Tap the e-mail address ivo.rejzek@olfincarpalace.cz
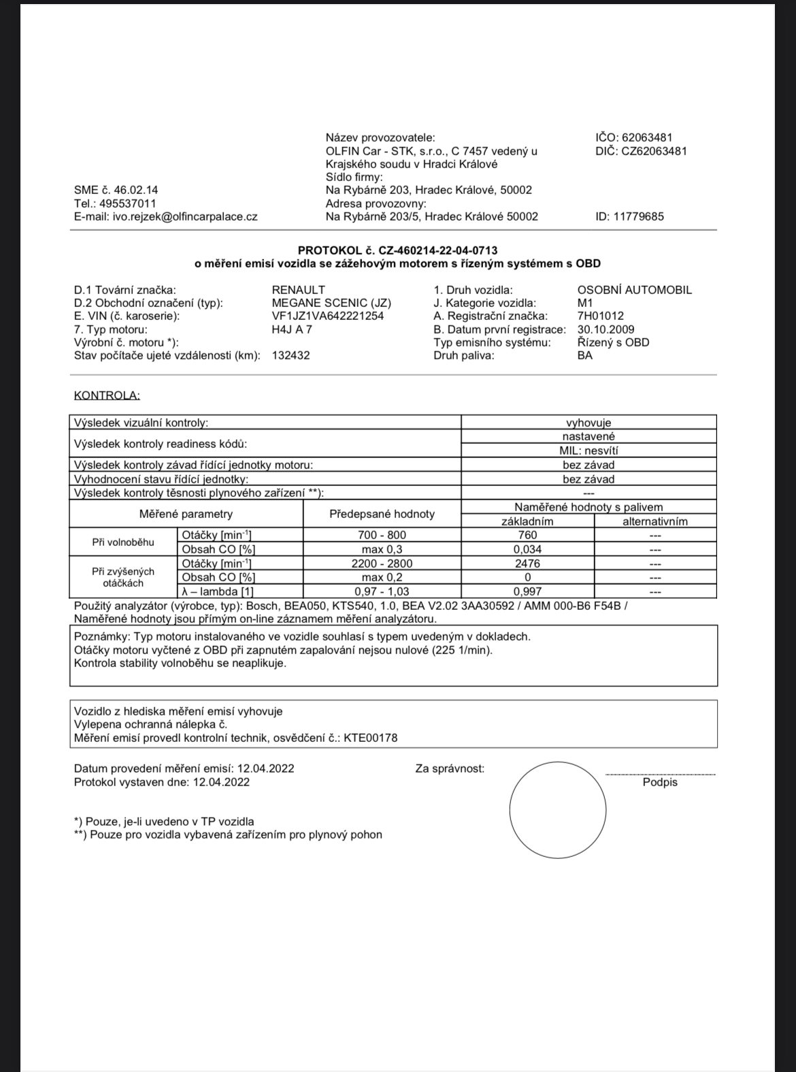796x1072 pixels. (x=185, y=216)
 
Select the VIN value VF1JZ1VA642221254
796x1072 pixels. (x=327, y=316)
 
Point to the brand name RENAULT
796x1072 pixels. (x=298, y=289)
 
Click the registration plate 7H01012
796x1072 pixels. (x=600, y=316)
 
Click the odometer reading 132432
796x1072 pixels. (x=291, y=355)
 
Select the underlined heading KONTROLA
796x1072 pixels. (x=106, y=395)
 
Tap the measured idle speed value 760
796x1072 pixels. (x=527, y=535)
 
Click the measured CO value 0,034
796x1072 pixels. (x=527, y=549)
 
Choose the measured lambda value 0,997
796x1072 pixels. (x=527, y=591)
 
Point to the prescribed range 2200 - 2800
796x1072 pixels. (x=382, y=564)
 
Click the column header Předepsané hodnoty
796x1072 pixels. (x=382, y=514)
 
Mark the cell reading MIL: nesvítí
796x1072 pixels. (x=588, y=451)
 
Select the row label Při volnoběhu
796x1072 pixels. (x=123, y=542)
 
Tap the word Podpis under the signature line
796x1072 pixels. (x=660, y=783)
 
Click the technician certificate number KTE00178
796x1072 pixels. (x=370, y=737)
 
